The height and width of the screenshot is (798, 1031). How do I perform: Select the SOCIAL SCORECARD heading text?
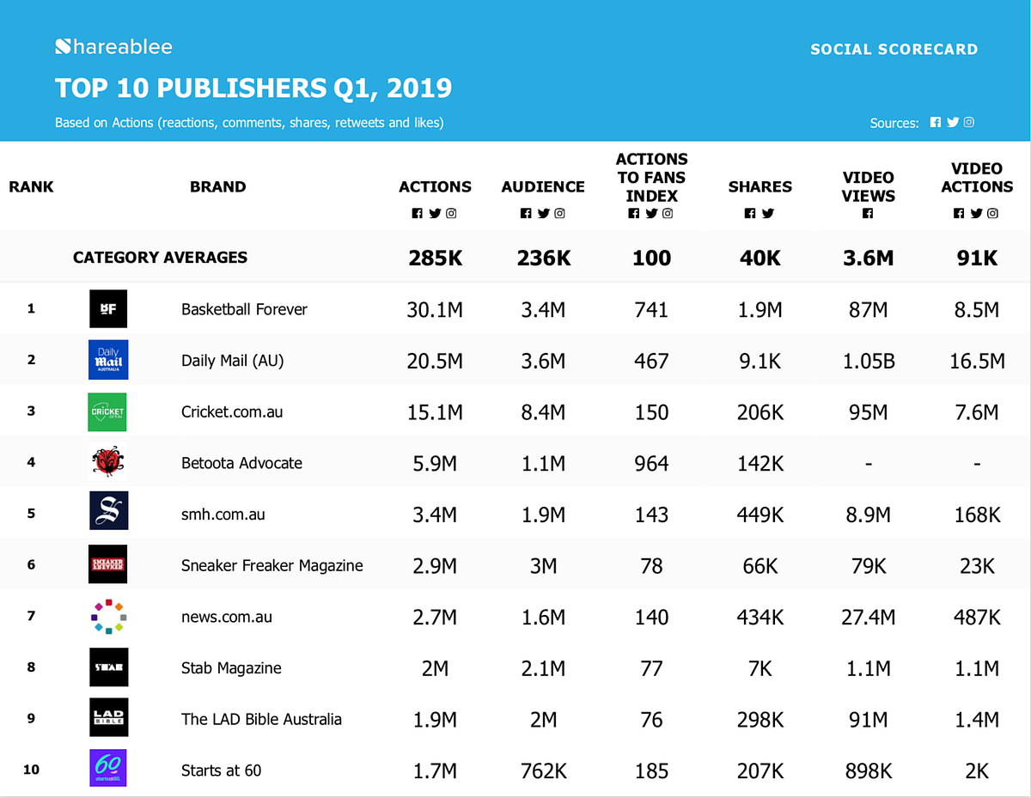click(894, 49)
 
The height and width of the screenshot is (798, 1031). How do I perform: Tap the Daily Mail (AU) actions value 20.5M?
click(435, 361)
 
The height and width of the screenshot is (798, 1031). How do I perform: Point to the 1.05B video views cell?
click(868, 361)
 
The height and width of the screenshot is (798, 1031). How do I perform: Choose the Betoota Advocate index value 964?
click(651, 463)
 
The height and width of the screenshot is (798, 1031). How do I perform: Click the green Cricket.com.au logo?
click(108, 411)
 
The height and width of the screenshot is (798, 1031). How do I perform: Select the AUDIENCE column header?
click(543, 186)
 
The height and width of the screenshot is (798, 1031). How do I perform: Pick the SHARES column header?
click(760, 186)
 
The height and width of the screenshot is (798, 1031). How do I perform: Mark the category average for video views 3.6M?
click(868, 258)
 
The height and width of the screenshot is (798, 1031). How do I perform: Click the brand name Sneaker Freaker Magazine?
click(271, 565)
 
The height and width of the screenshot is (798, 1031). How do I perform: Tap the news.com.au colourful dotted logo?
click(108, 616)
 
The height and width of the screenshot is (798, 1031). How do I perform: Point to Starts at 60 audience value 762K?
click(543, 771)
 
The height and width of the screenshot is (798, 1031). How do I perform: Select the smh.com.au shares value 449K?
click(760, 515)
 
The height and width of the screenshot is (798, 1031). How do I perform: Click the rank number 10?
click(31, 770)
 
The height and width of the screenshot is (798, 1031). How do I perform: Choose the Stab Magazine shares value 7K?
click(760, 667)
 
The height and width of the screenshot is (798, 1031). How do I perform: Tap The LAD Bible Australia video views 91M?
click(868, 719)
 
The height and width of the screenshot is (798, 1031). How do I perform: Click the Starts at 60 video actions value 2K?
click(977, 771)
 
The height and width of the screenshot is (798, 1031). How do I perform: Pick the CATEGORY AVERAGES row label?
click(160, 257)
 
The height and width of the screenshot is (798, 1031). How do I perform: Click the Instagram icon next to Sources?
click(969, 123)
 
